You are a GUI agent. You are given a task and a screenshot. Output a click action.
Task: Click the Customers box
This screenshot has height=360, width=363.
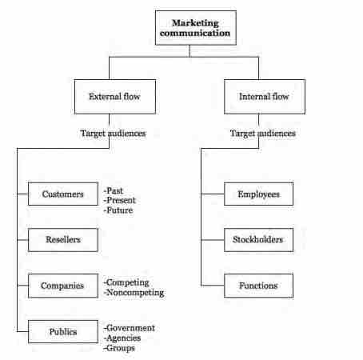click(x=63, y=194)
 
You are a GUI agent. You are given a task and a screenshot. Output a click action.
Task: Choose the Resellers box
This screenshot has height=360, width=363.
click(x=63, y=238)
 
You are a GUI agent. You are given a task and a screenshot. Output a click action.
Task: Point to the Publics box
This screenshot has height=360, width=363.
click(x=63, y=330)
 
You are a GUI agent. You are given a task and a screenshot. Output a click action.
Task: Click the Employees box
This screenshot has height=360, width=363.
click(x=253, y=194)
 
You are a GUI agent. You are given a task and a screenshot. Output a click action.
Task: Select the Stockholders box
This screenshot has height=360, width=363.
click(x=253, y=238)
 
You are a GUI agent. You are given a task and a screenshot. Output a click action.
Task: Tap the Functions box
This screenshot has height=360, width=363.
click(x=253, y=284)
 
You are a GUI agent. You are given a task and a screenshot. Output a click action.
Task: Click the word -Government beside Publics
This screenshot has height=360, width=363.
click(x=130, y=327)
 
